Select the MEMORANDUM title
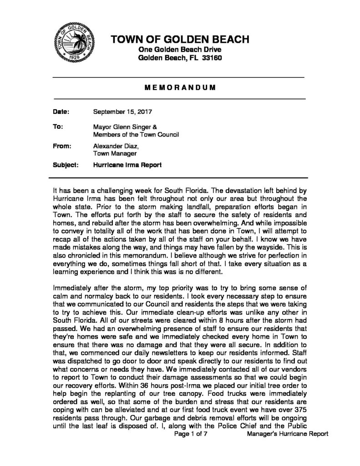[180, 87]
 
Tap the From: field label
[62, 147]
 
